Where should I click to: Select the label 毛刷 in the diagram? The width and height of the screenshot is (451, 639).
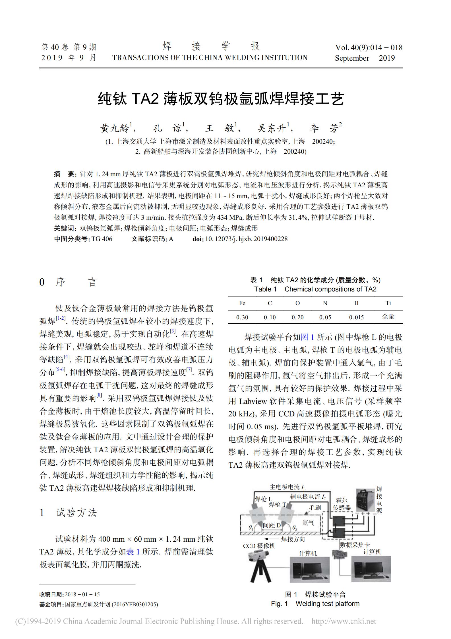315,507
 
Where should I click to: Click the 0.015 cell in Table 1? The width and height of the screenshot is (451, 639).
356,317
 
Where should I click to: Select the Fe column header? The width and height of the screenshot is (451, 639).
242,303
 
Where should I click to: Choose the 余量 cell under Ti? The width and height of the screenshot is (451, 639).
388,317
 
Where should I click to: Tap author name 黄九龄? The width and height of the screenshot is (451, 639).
115,129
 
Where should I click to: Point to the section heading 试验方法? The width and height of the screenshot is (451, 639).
76,513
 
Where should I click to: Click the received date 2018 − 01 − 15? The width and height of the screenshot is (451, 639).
82,594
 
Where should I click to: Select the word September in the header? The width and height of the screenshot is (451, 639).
352,58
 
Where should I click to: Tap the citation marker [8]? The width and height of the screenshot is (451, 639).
99,395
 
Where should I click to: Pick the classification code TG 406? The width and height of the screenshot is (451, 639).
102,239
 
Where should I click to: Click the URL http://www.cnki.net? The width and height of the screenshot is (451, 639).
344,621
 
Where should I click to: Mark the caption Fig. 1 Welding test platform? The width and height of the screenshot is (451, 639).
315,604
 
